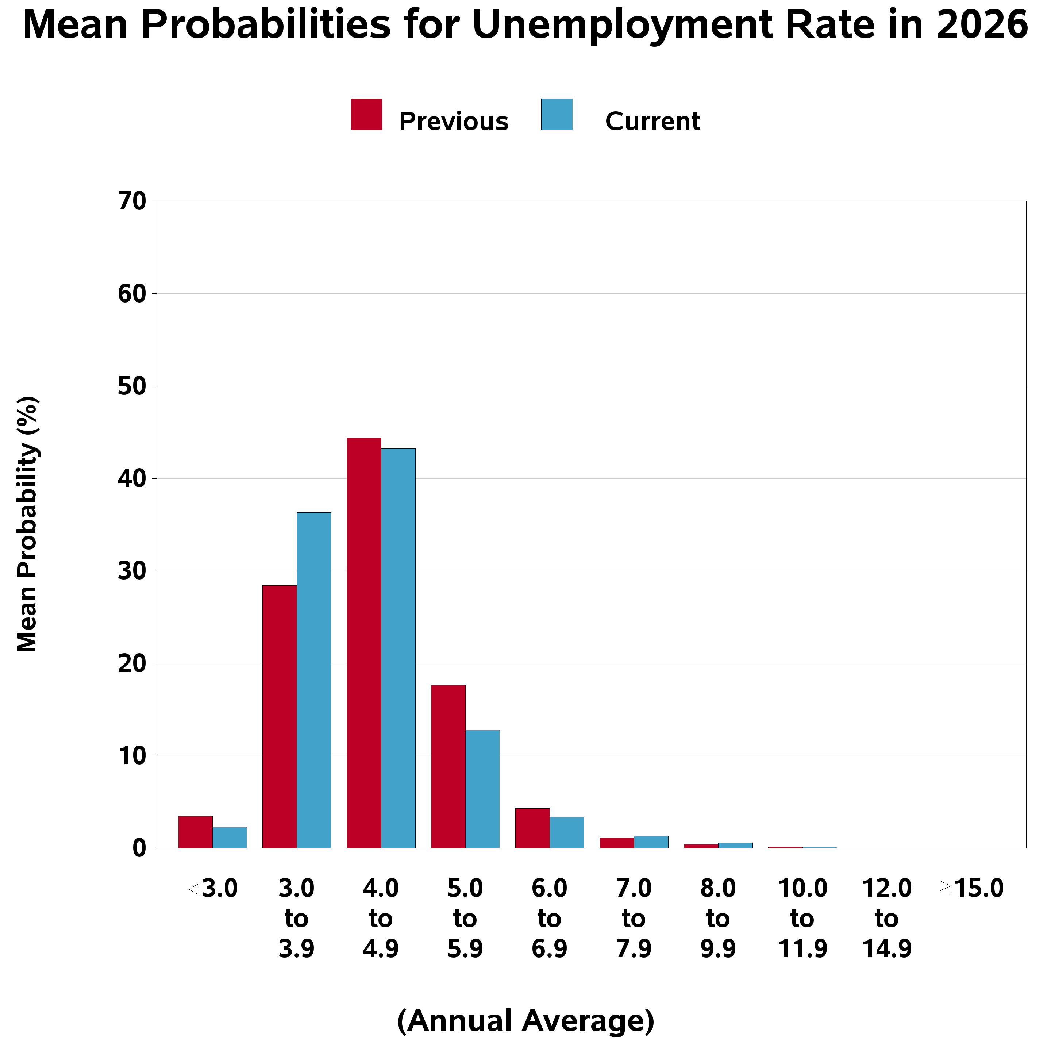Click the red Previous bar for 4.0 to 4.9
tap(363, 642)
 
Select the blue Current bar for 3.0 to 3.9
tap(313, 680)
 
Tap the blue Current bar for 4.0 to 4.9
tap(398, 648)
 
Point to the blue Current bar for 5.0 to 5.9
tap(482, 789)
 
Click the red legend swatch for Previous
tap(366, 114)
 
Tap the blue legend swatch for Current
tap(557, 114)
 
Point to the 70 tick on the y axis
tap(132, 201)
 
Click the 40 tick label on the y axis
tap(132, 479)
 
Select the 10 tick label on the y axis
tap(132, 756)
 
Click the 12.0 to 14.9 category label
tap(887, 918)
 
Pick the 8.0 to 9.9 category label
tap(718, 918)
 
